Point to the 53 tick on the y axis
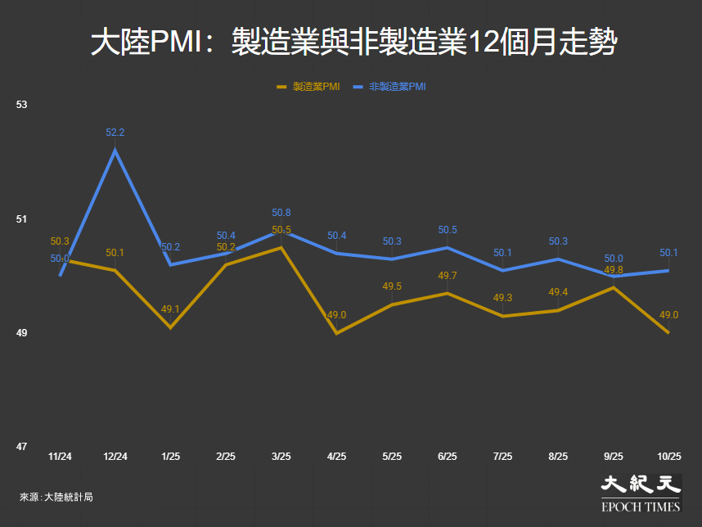click(22, 105)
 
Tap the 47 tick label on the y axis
click(22, 447)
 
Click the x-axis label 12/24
click(115, 457)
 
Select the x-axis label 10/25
click(669, 457)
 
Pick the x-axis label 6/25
click(448, 457)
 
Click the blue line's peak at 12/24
click(115, 151)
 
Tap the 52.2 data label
click(115, 133)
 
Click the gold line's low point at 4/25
click(336, 333)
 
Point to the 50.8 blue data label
click(281, 213)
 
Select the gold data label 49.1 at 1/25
click(170, 309)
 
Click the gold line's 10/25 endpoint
click(668, 332)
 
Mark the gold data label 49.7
click(448, 276)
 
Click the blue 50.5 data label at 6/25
click(448, 230)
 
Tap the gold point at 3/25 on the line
click(281, 247)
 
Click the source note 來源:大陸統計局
click(56, 496)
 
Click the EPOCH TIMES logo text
click(641, 507)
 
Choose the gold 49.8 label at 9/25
click(614, 269)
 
